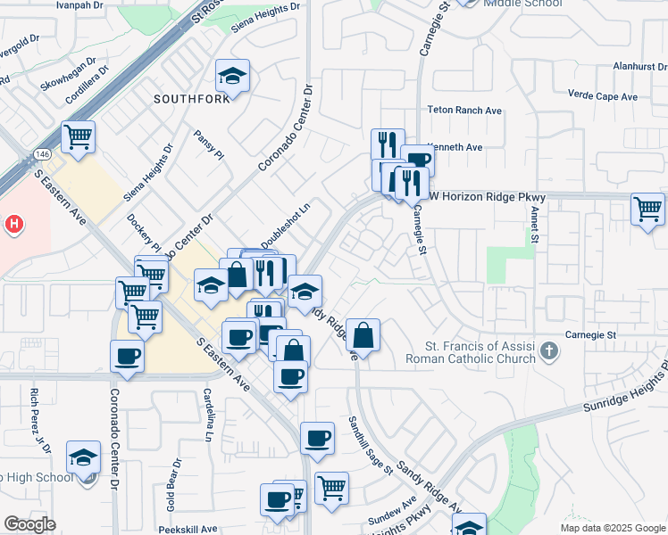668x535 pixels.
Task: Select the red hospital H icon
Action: click(x=13, y=225)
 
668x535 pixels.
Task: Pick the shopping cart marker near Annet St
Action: click(x=647, y=210)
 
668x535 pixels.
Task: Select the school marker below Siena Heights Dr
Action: click(x=232, y=78)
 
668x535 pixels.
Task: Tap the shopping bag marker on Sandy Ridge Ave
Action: click(x=363, y=335)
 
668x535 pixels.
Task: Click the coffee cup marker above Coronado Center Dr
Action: click(x=127, y=358)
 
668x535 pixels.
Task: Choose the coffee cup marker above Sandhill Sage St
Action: click(x=317, y=439)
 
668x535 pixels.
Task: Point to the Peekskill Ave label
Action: click(x=191, y=529)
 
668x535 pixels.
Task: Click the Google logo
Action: click(x=29, y=524)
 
